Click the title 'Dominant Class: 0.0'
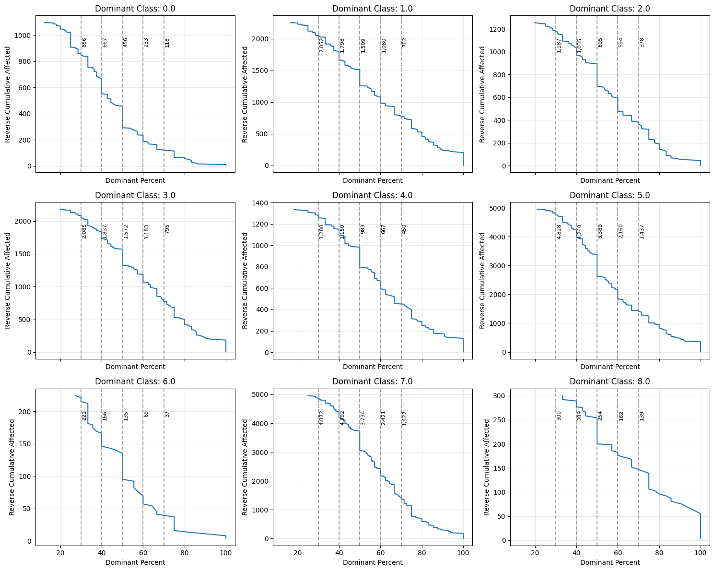click(x=135, y=8)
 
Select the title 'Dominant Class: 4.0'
click(x=373, y=195)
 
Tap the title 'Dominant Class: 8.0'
click(x=610, y=381)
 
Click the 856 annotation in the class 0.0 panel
click(x=84, y=42)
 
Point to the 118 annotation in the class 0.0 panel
click(x=167, y=42)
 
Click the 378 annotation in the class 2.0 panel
click(x=642, y=42)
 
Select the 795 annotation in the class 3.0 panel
click(x=167, y=229)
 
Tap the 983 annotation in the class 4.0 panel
click(x=363, y=229)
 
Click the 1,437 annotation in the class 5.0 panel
click(x=642, y=231)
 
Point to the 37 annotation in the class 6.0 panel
click(x=167, y=414)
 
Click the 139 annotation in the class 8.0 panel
click(x=642, y=416)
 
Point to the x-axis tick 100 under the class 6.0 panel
click(x=226, y=553)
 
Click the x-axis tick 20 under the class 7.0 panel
click(x=298, y=553)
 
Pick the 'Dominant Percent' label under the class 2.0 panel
click(x=610, y=180)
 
